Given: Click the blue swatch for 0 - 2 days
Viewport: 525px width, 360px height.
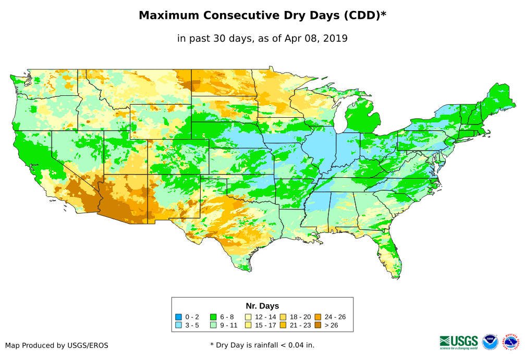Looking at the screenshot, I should pyautogui.click(x=179, y=317).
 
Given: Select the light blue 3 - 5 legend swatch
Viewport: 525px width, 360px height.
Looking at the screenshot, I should pyautogui.click(x=179, y=326).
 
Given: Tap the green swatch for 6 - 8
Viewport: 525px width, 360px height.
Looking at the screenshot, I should pyautogui.click(x=213, y=317).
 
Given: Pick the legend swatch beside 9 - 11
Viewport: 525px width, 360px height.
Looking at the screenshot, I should pyautogui.click(x=213, y=326).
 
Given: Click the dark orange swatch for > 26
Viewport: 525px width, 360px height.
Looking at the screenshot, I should pyautogui.click(x=318, y=326).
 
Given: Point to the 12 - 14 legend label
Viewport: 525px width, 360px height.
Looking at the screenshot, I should pyautogui.click(x=265, y=317).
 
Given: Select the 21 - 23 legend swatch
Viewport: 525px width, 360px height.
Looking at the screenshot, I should pyautogui.click(x=283, y=326).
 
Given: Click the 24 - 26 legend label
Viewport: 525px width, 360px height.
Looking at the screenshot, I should pyautogui.click(x=335, y=317).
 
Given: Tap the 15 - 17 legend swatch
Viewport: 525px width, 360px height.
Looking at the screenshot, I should pyautogui.click(x=248, y=326).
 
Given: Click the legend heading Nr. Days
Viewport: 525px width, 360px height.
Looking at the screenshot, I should pyautogui.click(x=262, y=306).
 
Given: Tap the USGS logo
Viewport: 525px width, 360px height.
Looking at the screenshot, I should pyautogui.click(x=459, y=342).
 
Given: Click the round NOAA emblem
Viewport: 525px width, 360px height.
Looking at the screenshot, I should pyautogui.click(x=490, y=342).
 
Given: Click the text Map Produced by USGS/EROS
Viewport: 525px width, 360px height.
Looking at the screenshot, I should pyautogui.click(x=56, y=345).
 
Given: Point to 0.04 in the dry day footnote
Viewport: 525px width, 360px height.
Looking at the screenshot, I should pyautogui.click(x=281, y=345).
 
